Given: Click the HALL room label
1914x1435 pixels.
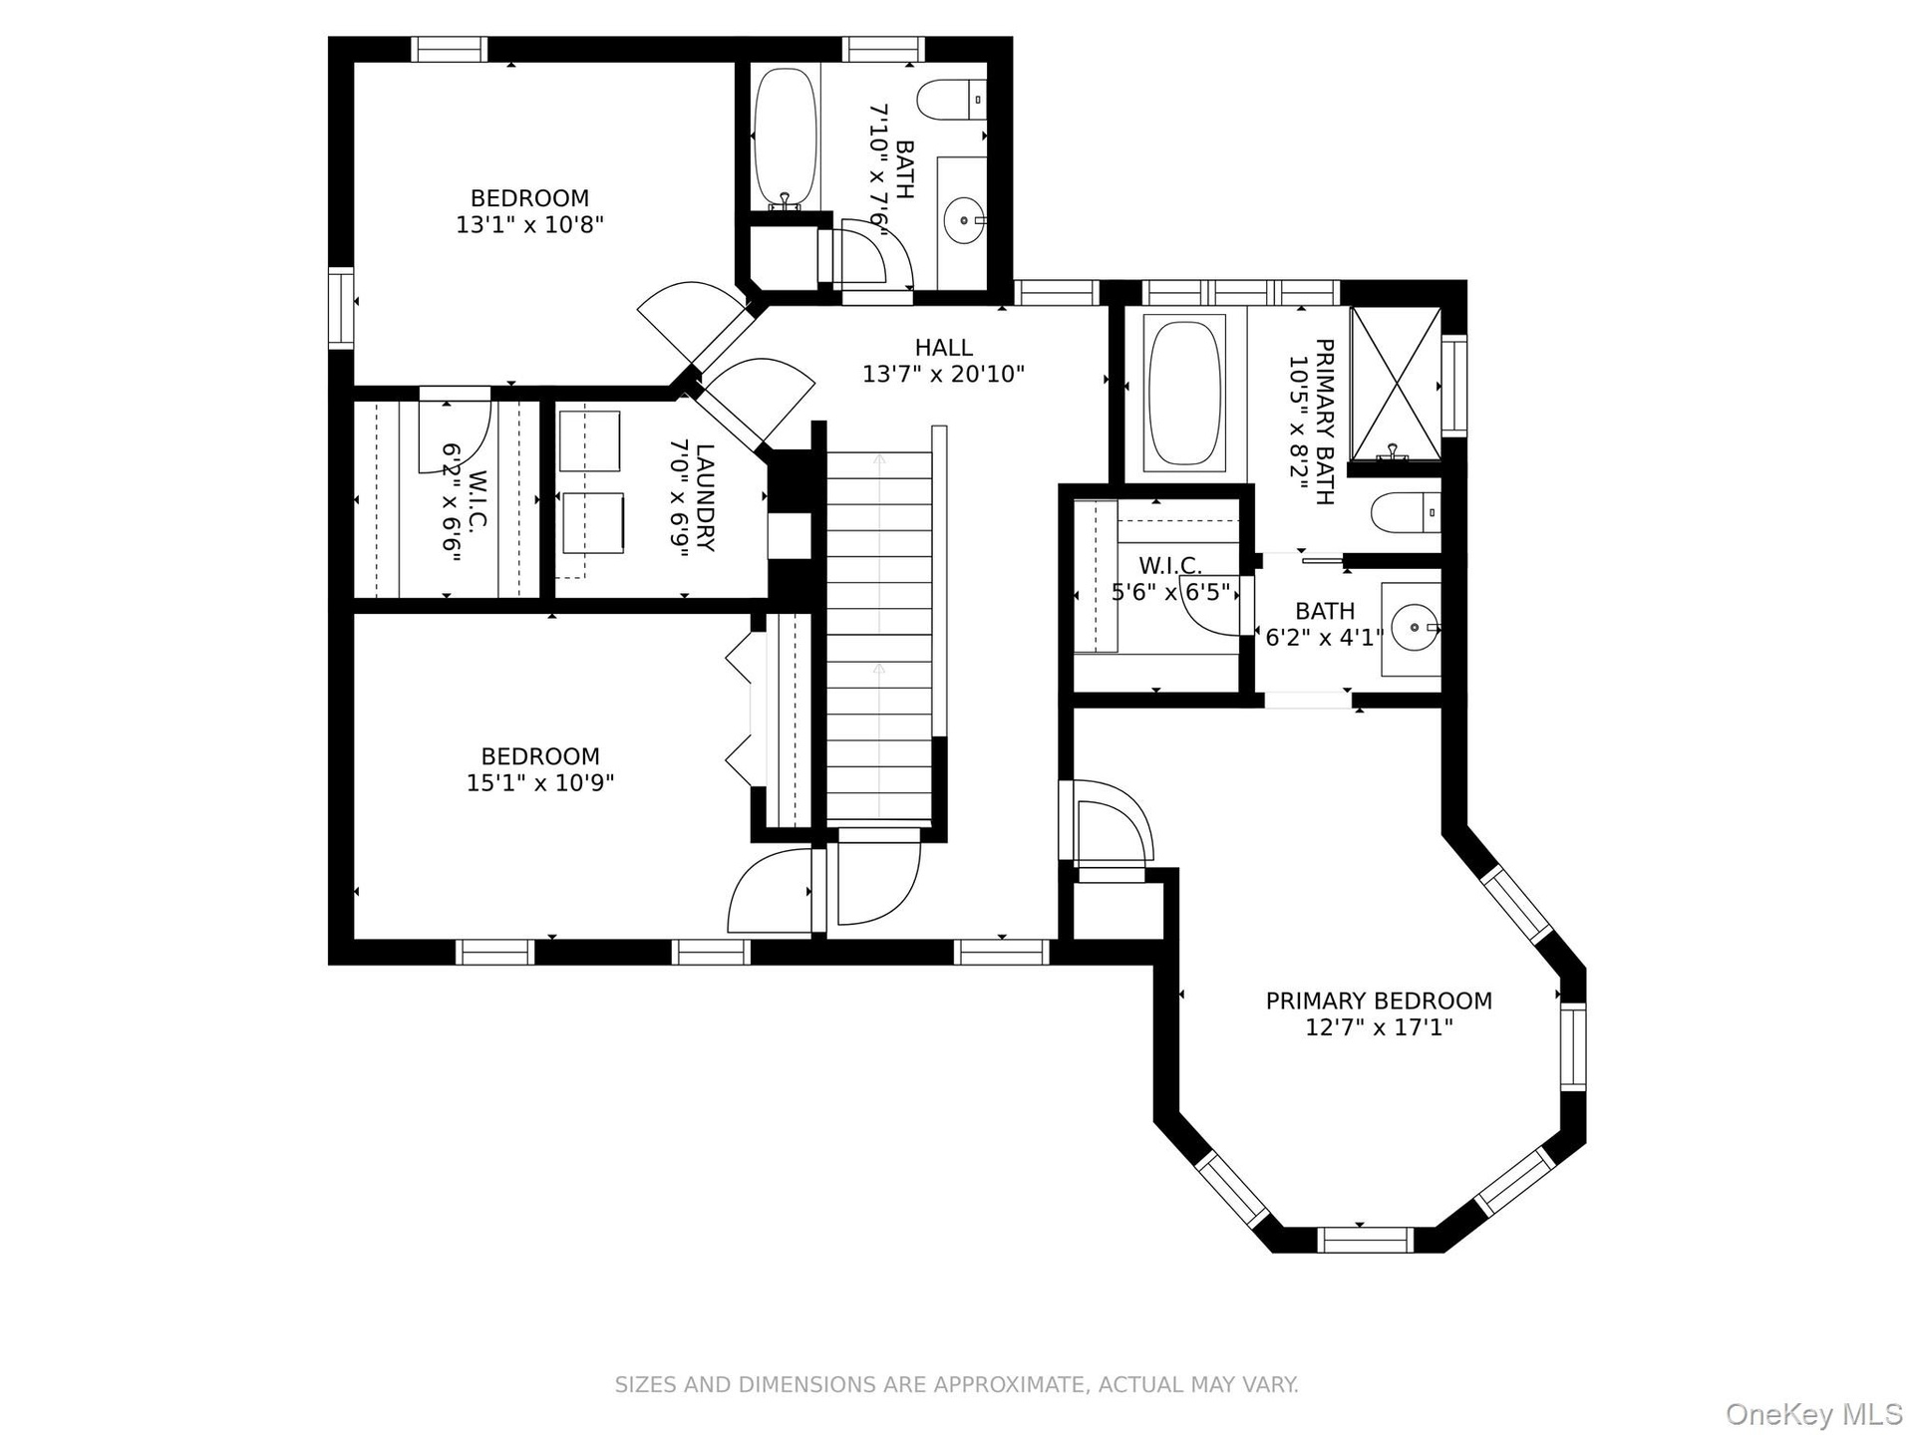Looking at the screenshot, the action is pos(943,348).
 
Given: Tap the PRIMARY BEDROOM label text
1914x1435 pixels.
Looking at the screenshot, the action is pos(1379,1001).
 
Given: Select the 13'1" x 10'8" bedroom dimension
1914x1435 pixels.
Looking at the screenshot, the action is pos(530,225).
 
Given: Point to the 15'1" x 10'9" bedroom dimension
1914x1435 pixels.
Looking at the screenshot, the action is pos(540,783).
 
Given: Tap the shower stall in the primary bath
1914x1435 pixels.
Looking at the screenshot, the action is pos(1396,384).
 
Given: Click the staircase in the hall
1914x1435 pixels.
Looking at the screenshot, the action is pos(880,638).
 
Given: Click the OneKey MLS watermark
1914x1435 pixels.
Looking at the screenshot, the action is pos(1814,1413).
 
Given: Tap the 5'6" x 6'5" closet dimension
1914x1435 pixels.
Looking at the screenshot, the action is pos(1171,593).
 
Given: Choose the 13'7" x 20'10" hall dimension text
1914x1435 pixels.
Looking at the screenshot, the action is pos(943,375).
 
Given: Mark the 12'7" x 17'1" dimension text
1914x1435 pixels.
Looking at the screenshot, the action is pos(1379,1027).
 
